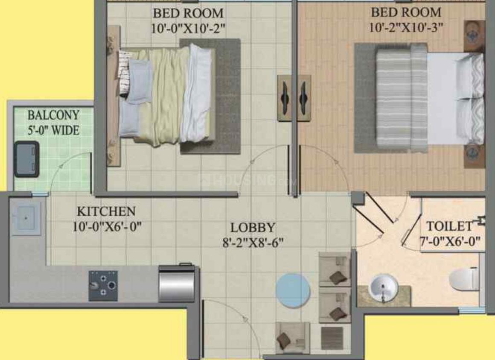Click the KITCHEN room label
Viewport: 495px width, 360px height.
106,211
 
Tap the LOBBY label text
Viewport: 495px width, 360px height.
253,227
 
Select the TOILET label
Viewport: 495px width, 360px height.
449,226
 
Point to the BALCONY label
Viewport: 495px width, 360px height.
53,115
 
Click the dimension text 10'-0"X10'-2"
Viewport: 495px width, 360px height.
188,29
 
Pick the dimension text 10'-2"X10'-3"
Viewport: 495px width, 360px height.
406,27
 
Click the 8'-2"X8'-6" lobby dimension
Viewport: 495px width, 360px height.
253,243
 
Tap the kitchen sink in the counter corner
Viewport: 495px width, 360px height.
26,218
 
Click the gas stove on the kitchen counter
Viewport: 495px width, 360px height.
103,285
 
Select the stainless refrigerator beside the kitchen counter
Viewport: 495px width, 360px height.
176,283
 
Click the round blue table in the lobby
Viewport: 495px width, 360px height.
293,290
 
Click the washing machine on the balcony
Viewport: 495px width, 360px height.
26,159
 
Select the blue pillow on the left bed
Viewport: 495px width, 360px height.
140,81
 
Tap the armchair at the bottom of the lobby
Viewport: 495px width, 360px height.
292,337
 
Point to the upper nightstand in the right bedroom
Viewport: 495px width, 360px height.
474,36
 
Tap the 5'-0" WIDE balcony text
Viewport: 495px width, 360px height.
53,130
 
